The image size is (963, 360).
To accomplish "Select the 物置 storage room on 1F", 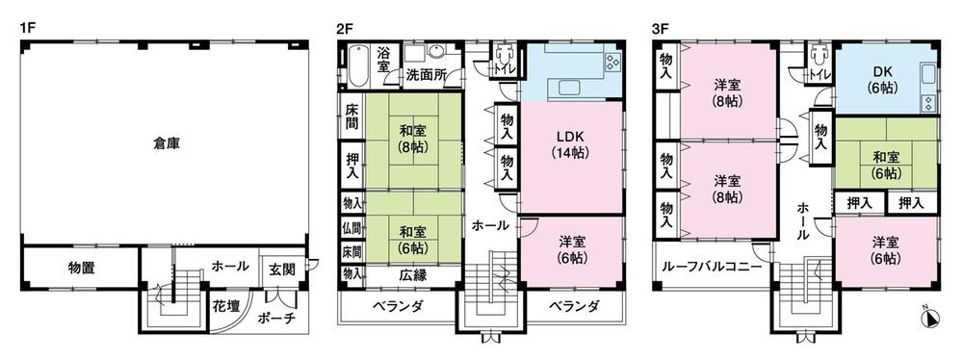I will click(81, 268).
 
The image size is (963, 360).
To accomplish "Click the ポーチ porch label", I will click(276, 321).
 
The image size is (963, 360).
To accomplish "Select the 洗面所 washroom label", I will click(425, 74).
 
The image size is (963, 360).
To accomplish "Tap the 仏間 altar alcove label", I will click(351, 228).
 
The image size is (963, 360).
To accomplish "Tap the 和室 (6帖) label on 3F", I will click(885, 165).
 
